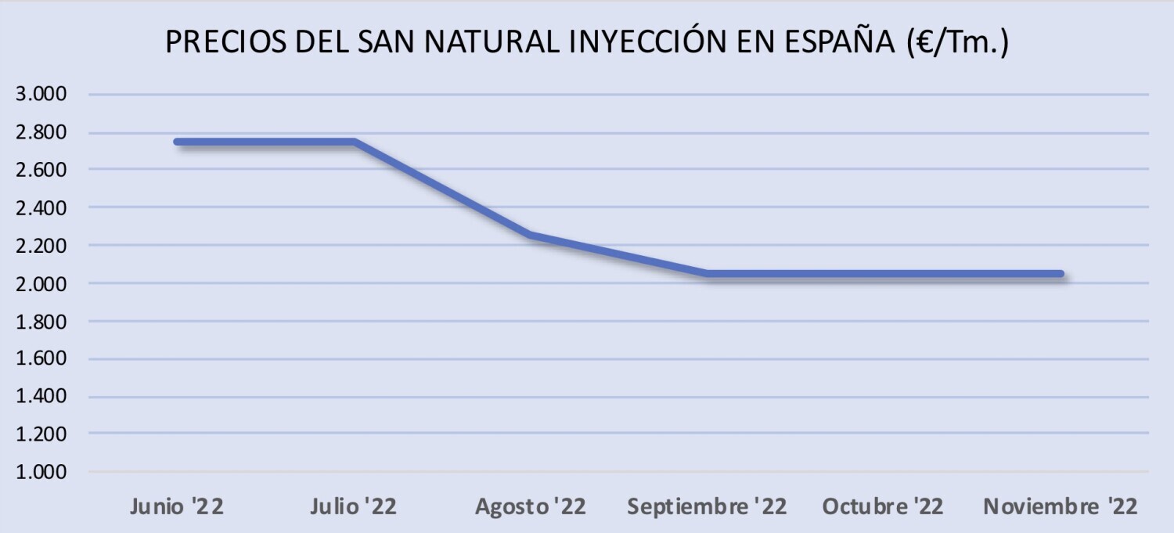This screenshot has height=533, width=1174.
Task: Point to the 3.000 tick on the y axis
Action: [x=43, y=95]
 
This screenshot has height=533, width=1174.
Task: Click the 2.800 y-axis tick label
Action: [x=43, y=132]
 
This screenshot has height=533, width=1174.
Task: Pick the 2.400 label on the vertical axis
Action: [x=43, y=208]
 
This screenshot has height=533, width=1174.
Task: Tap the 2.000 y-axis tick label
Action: [x=43, y=283]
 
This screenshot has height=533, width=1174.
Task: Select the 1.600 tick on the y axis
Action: [x=43, y=359]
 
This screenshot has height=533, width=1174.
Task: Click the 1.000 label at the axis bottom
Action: [x=43, y=472]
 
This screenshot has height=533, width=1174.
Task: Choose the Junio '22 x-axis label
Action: [x=176, y=506]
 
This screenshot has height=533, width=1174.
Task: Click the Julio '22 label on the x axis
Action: [x=353, y=506]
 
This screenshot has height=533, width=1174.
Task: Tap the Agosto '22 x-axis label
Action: [x=530, y=506]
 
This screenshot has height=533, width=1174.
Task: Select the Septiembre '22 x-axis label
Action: [x=707, y=506]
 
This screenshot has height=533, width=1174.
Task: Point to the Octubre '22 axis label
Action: [x=883, y=506]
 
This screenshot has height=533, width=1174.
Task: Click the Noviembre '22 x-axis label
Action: [x=1060, y=506]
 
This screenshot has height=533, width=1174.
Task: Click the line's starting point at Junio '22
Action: [x=177, y=142]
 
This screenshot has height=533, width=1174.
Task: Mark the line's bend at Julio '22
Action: [x=354, y=142]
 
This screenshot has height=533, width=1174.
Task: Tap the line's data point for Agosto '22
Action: [x=531, y=235]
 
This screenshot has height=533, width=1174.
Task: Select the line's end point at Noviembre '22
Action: [x=1060, y=274]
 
